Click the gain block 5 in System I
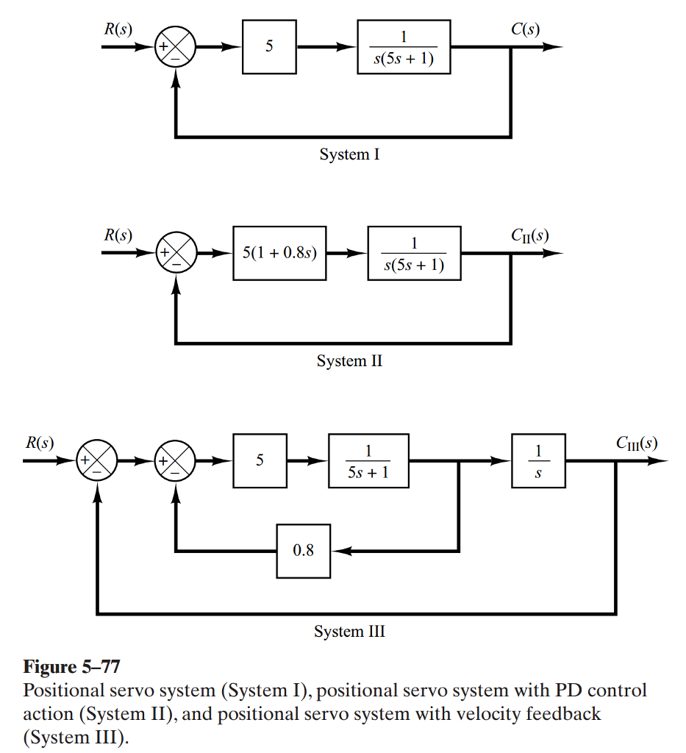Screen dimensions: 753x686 269,47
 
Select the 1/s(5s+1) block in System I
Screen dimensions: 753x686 404,47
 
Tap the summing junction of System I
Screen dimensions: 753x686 175,47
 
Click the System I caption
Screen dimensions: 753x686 349,154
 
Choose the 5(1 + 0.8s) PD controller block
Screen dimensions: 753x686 279,254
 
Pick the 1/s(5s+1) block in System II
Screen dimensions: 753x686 415,254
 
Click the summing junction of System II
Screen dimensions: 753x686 175,254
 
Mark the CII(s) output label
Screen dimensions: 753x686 529,235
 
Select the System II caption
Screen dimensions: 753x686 349,361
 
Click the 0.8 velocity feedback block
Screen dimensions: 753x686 304,550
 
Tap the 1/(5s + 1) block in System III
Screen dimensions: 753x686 368,461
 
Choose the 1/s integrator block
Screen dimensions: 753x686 539,461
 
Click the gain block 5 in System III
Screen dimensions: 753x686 260,461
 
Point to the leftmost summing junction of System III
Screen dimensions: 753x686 97,461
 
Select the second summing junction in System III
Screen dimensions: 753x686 175,461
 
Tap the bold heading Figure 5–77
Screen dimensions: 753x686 71,667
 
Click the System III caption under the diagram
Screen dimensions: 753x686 349,631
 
